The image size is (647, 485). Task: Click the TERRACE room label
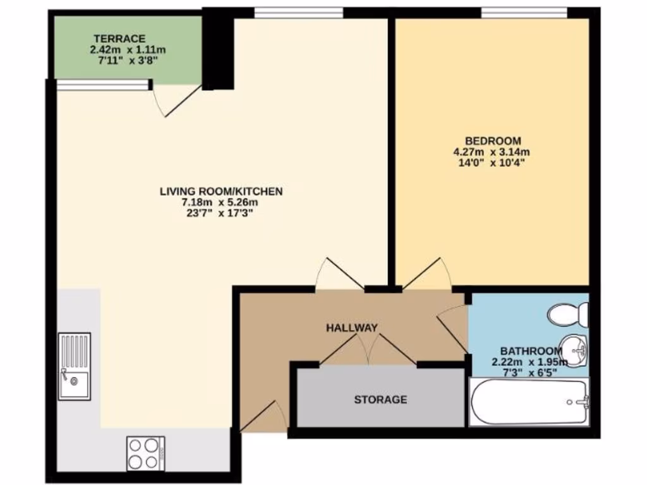(119, 38)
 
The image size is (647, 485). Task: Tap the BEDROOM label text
(492, 140)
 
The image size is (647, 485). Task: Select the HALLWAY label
(352, 328)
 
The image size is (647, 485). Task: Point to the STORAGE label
(380, 400)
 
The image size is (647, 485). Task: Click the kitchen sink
(75, 366)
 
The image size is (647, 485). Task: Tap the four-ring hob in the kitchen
(146, 453)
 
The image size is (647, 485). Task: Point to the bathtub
(529, 402)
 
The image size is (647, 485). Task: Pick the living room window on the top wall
(298, 12)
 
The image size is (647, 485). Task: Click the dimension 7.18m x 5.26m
(221, 202)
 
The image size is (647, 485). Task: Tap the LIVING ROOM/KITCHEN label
(221, 191)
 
